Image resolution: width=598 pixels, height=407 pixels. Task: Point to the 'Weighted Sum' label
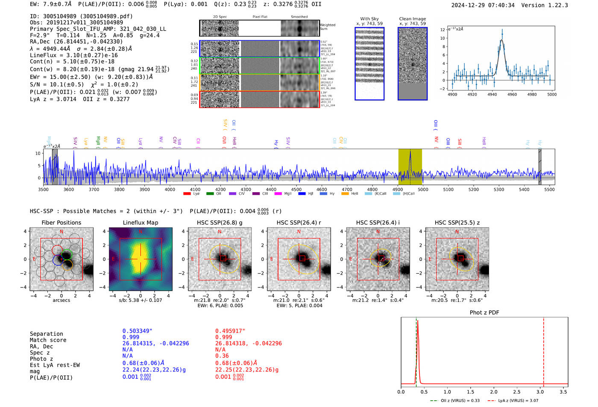(327, 27)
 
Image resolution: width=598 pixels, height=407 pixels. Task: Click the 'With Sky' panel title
(369, 19)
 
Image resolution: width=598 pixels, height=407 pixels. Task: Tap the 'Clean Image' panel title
(412, 19)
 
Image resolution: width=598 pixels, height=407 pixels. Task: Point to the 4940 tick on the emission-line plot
(492, 94)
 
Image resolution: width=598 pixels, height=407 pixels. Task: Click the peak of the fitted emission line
(501, 40)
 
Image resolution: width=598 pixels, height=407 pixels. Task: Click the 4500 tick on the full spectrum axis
(296, 189)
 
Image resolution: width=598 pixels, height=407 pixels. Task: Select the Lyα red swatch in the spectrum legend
(187, 194)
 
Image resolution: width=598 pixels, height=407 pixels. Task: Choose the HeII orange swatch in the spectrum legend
(345, 194)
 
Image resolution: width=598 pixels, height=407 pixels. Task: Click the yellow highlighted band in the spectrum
(410, 167)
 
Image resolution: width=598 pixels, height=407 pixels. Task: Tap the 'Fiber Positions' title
(61, 223)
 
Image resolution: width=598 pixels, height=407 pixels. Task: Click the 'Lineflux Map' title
(140, 223)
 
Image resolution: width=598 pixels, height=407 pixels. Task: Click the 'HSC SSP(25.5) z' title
(457, 223)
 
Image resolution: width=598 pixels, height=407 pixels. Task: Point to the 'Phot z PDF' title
(484, 312)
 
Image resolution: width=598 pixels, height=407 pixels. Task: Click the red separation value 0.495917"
(230, 331)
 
